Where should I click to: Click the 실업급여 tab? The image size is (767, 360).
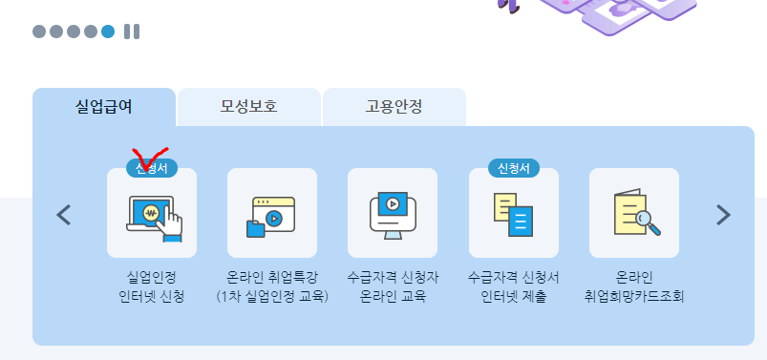pos(104,106)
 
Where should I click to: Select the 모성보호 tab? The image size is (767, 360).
pos(248,106)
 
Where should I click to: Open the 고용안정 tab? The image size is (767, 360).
pos(394,106)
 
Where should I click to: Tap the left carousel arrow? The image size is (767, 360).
pos(64,215)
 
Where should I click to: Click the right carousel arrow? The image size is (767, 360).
pos(723,215)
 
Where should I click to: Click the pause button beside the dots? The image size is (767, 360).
pos(132,32)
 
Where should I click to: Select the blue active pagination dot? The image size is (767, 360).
pos(108,32)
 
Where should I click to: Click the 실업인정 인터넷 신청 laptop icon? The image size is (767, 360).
pos(152,215)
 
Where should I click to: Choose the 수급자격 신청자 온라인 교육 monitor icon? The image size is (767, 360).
pos(393,215)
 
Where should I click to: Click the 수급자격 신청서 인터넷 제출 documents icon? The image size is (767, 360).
pos(513,215)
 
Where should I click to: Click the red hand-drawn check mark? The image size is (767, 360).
pos(149,159)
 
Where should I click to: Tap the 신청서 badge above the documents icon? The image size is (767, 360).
pos(514,168)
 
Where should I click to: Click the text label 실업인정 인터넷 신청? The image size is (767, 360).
pos(152,286)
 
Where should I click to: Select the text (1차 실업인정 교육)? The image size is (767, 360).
pos(272,295)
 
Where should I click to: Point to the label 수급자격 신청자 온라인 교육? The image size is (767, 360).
pos(393,286)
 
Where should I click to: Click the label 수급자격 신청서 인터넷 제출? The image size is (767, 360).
pos(514,286)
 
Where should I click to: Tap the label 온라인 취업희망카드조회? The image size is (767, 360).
pos(634,286)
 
